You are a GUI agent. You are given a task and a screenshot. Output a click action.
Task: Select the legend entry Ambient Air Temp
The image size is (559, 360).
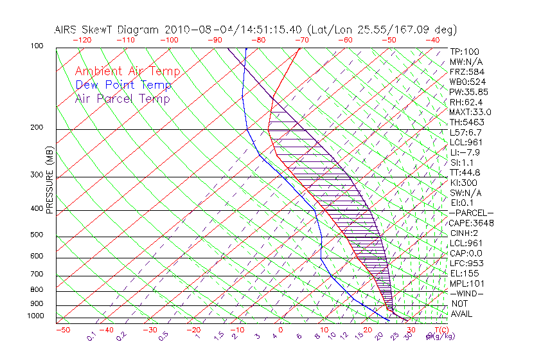coord(127,71)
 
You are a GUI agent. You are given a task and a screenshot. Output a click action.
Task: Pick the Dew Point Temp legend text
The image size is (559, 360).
coord(123,85)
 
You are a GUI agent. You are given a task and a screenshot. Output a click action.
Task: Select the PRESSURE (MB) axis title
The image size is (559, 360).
coord(49,180)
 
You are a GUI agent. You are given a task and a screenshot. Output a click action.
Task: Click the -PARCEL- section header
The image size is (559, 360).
coord(472,213)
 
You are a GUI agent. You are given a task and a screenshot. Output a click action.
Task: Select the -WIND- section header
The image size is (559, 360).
coord(466,293)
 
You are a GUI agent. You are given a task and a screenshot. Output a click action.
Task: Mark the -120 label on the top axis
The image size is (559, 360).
coord(80,39)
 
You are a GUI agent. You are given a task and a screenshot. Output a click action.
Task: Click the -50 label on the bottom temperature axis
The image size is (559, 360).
coord(62,330)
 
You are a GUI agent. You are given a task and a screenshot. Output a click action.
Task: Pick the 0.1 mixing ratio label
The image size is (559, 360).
coord(92,335)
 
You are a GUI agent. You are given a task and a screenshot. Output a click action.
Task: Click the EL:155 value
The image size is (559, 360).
coord(463,273)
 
